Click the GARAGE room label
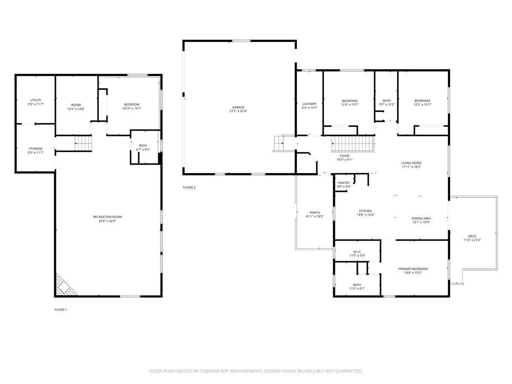238,107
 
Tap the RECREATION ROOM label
107,217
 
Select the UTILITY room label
36,100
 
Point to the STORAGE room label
36,148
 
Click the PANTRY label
343,183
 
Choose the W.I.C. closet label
357,252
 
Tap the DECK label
472,236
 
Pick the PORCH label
314,212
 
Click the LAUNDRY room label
309,104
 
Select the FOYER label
344,156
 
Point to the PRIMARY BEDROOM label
413,269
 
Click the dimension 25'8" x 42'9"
107,221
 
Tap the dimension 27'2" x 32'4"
238,111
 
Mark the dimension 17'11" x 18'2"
411,167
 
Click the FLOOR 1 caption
61,310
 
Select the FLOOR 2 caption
189,187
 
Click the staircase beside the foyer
353,144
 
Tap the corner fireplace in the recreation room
65,285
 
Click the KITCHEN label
365,211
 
